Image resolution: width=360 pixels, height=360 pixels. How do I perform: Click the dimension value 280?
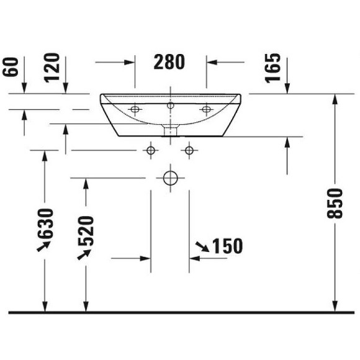coord(169,62)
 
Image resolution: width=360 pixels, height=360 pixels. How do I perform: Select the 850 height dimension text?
coord(335,202)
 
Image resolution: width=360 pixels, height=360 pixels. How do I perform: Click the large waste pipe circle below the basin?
coord(169,178)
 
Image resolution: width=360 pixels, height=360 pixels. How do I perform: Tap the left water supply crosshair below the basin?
coord(150,150)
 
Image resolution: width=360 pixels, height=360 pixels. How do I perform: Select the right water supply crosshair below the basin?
coord(189,150)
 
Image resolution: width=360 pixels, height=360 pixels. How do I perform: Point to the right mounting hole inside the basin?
coord(206,110)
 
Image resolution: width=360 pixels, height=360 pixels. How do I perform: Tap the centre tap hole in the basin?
coord(169,106)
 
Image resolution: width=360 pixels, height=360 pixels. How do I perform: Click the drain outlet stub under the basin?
coord(169,130)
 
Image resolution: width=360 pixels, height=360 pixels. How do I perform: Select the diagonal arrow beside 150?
coord(202,248)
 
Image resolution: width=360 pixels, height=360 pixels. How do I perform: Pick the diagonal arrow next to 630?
coord(43,247)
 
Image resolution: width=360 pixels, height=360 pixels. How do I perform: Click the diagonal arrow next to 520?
coord(82,254)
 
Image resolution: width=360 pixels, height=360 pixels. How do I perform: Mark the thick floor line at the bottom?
coord(180,312)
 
